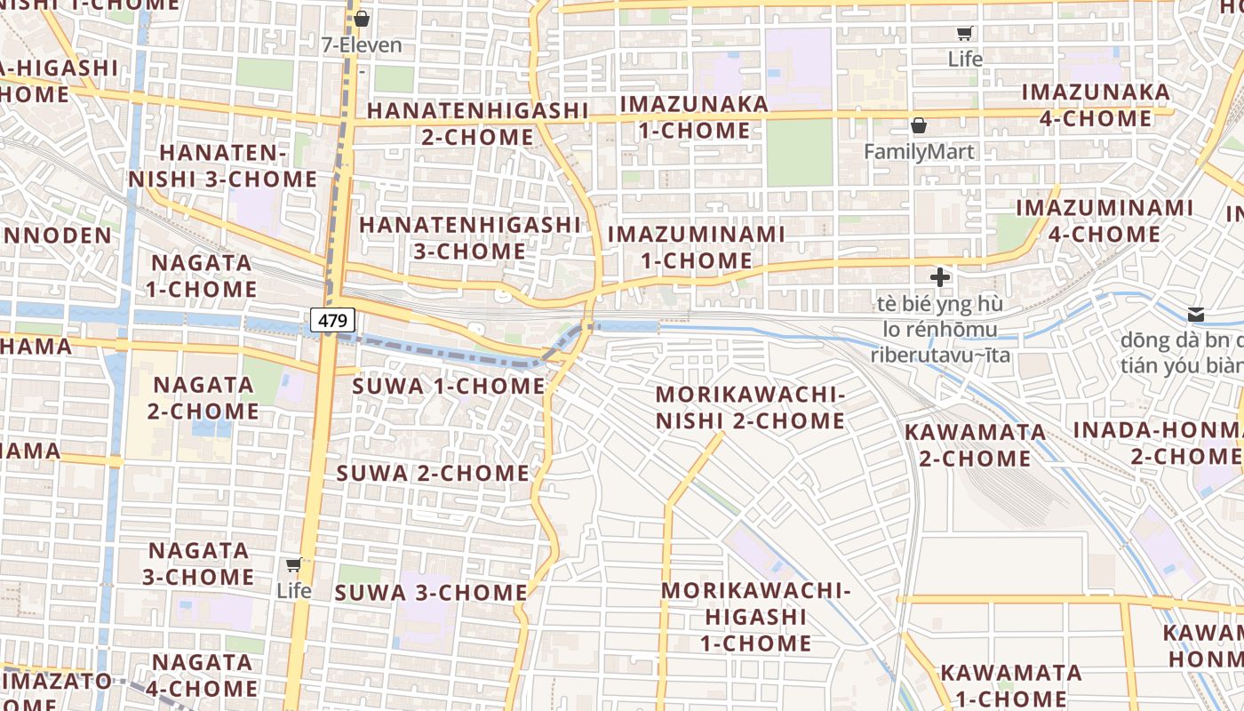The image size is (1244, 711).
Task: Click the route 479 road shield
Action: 333,320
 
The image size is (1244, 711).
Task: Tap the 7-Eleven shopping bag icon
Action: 362,19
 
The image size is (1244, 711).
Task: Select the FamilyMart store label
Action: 919,151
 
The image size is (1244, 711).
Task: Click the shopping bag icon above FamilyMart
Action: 919,125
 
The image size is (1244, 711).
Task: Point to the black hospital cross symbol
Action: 939,276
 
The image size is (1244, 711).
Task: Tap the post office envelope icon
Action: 1196,314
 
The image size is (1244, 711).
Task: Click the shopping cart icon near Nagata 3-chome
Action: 294,565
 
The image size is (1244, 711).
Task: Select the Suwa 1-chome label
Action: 449,387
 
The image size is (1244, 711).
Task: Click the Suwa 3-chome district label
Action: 432,593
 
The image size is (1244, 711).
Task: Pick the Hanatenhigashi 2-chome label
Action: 477,124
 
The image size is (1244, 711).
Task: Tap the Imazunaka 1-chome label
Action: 694,116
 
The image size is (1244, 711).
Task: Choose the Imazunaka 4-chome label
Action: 1096,105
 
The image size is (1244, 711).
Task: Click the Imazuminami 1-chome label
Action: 697,247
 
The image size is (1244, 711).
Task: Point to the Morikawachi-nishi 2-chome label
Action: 750,407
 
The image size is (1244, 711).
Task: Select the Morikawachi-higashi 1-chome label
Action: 756,616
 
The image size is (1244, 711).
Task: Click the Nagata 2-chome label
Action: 203,397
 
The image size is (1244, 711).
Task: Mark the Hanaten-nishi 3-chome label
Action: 223,166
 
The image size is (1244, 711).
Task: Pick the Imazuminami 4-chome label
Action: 1104,220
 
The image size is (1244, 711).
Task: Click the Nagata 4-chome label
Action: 203,675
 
